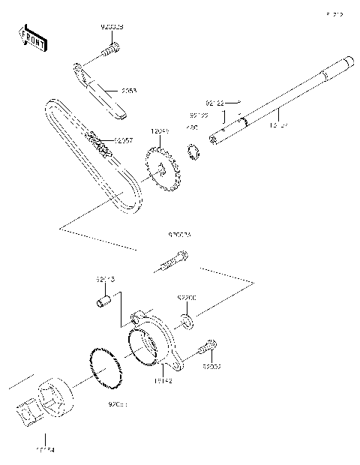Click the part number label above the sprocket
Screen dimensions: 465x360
coord(159,131)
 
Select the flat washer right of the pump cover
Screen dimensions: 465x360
coord(187,322)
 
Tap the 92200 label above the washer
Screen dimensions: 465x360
coord(187,298)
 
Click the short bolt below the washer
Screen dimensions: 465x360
coord(207,348)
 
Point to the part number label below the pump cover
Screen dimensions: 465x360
coord(163,381)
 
